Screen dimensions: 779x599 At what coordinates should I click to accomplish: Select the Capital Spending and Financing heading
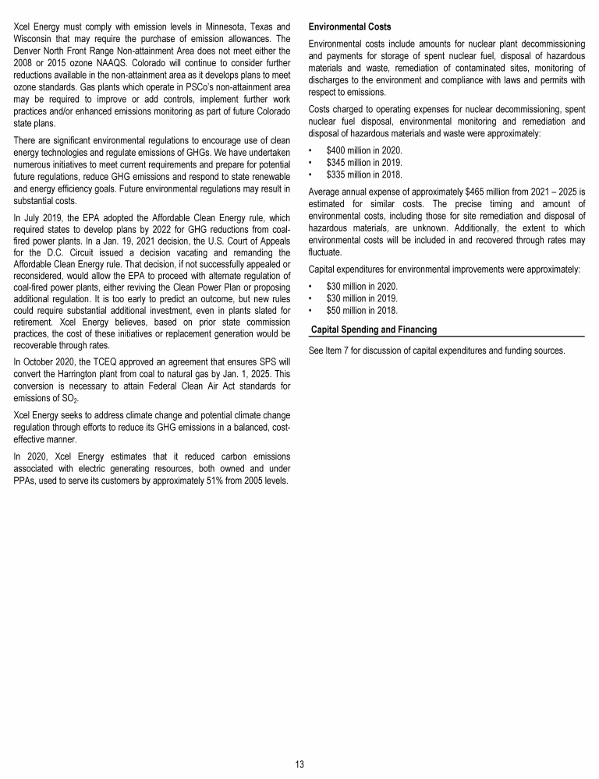coord(374,330)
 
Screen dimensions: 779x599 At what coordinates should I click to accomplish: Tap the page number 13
coord(299,764)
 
